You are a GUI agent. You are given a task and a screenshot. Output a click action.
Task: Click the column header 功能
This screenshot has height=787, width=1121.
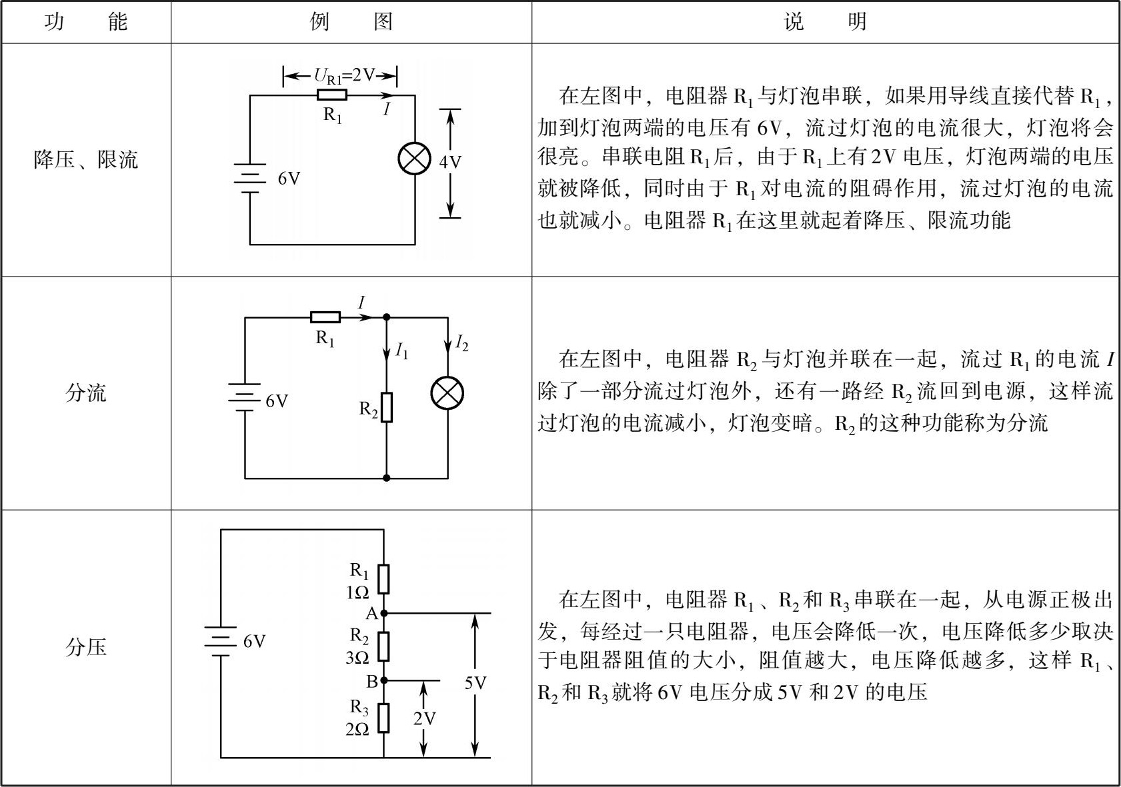(86, 22)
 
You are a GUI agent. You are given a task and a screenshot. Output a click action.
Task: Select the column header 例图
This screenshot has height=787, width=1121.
(351, 22)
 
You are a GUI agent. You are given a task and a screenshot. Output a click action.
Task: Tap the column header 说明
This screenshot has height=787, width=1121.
(825, 22)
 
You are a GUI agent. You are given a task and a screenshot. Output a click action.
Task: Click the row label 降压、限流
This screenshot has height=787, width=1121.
(85, 159)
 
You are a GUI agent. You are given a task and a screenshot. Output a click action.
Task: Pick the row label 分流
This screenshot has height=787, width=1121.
(85, 393)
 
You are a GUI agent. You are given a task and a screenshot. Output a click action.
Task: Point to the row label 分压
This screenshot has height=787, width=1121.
(85, 647)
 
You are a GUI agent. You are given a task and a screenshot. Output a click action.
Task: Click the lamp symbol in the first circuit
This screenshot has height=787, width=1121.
(414, 159)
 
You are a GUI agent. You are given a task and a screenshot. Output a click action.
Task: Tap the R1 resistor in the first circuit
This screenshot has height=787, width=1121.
(332, 95)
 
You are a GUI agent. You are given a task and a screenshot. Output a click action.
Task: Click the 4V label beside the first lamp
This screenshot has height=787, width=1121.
(450, 162)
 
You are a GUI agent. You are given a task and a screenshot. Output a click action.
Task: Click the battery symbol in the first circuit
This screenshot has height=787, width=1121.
(249, 178)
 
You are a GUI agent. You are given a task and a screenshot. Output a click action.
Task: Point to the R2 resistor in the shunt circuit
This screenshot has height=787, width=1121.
(386, 408)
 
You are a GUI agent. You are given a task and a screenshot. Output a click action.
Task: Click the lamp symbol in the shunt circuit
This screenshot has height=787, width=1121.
(447, 393)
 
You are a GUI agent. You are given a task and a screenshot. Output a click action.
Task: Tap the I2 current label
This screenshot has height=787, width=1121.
(462, 343)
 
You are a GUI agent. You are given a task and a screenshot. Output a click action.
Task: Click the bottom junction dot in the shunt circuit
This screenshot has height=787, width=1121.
(386, 478)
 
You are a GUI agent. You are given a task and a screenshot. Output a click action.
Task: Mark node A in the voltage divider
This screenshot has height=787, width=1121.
(384, 613)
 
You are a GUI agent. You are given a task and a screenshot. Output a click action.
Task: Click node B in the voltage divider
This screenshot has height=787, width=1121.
(384, 680)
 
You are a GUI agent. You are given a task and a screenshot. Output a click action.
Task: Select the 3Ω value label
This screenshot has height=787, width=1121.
(357, 658)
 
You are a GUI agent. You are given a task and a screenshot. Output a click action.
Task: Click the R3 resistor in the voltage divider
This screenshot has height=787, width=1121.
(384, 718)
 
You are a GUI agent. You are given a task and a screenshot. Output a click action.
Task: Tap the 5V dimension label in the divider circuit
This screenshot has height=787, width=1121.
(475, 683)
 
